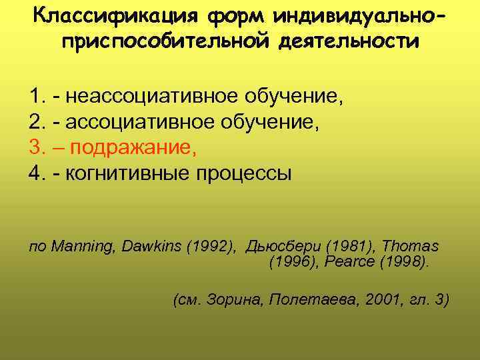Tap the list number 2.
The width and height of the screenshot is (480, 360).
click(37, 124)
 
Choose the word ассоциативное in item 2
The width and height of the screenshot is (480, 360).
click(125, 124)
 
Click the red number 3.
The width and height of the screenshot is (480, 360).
click(37, 149)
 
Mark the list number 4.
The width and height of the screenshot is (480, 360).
click(37, 174)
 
